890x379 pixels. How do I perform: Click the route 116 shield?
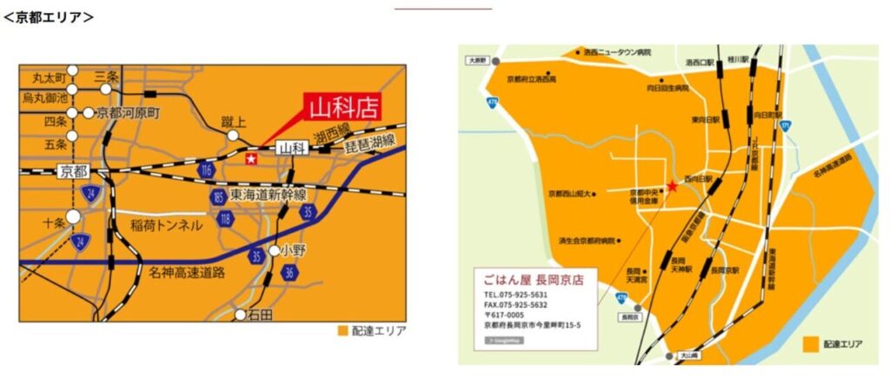pos(205,170)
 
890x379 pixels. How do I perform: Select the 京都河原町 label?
pos(129,113)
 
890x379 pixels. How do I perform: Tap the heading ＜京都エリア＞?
pos(49,17)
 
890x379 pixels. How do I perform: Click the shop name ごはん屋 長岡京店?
pos(534,279)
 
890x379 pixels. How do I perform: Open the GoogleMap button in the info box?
pos(504,340)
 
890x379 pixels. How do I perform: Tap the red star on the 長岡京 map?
pos(672,187)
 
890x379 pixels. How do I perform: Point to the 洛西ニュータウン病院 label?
pos(618,52)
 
